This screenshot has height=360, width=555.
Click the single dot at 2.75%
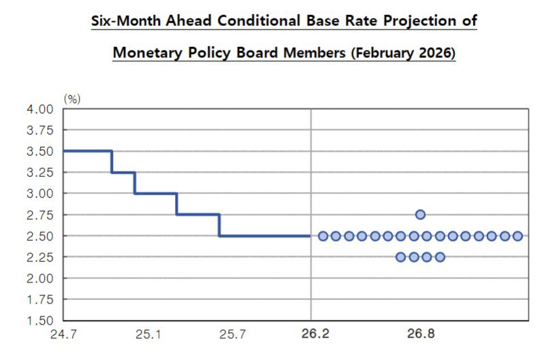420,215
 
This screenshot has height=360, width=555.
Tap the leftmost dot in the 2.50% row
323,236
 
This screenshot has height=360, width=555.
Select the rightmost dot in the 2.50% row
518,236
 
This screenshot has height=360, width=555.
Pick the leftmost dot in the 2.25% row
400,257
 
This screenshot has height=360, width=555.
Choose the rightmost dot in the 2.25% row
440,257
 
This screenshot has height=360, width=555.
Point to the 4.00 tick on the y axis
40,109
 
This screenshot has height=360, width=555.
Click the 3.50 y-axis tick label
40,151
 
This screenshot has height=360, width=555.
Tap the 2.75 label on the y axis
40,215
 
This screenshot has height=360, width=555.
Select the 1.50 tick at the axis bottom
40,321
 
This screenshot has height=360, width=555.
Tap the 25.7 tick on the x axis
233,335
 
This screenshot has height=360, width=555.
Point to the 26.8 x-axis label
420,335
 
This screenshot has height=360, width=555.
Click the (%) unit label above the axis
72,99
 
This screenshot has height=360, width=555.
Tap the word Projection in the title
420,21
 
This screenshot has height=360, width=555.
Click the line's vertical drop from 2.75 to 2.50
219,225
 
